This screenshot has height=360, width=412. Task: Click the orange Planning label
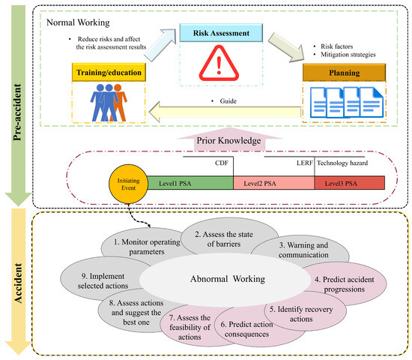point(343,73)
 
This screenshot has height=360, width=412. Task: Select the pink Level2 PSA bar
point(273,182)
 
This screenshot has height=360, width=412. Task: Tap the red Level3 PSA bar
point(350,182)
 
